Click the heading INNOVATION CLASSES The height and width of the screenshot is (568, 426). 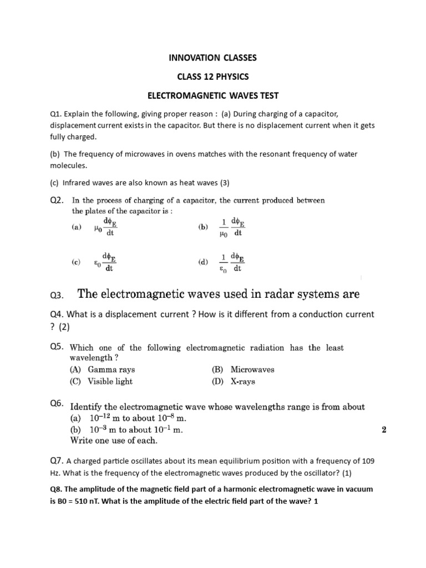[212, 57]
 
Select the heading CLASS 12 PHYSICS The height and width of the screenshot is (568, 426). [212, 76]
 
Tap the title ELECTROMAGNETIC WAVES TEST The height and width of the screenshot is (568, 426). [212, 95]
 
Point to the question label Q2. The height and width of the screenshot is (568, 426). [58, 200]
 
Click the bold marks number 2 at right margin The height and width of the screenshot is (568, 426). [384, 429]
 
